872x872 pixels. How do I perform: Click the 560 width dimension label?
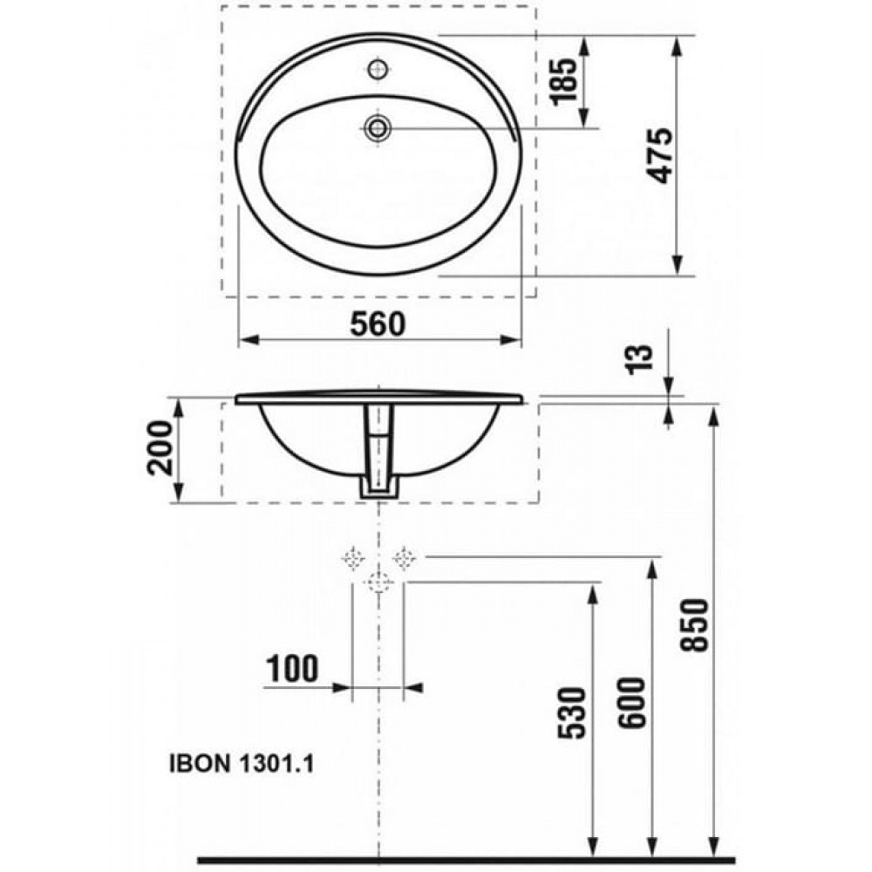[x=378, y=324]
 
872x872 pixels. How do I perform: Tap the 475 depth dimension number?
[x=661, y=156]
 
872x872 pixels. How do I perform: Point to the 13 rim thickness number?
[x=639, y=360]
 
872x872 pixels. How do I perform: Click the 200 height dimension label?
[x=160, y=447]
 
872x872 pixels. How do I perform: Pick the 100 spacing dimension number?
[x=292, y=668]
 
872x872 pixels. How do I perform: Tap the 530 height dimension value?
[x=572, y=713]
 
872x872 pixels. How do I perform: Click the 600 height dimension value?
[x=633, y=702]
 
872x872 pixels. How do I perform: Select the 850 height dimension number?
[x=695, y=624]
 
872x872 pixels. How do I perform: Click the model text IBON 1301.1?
[x=242, y=763]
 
